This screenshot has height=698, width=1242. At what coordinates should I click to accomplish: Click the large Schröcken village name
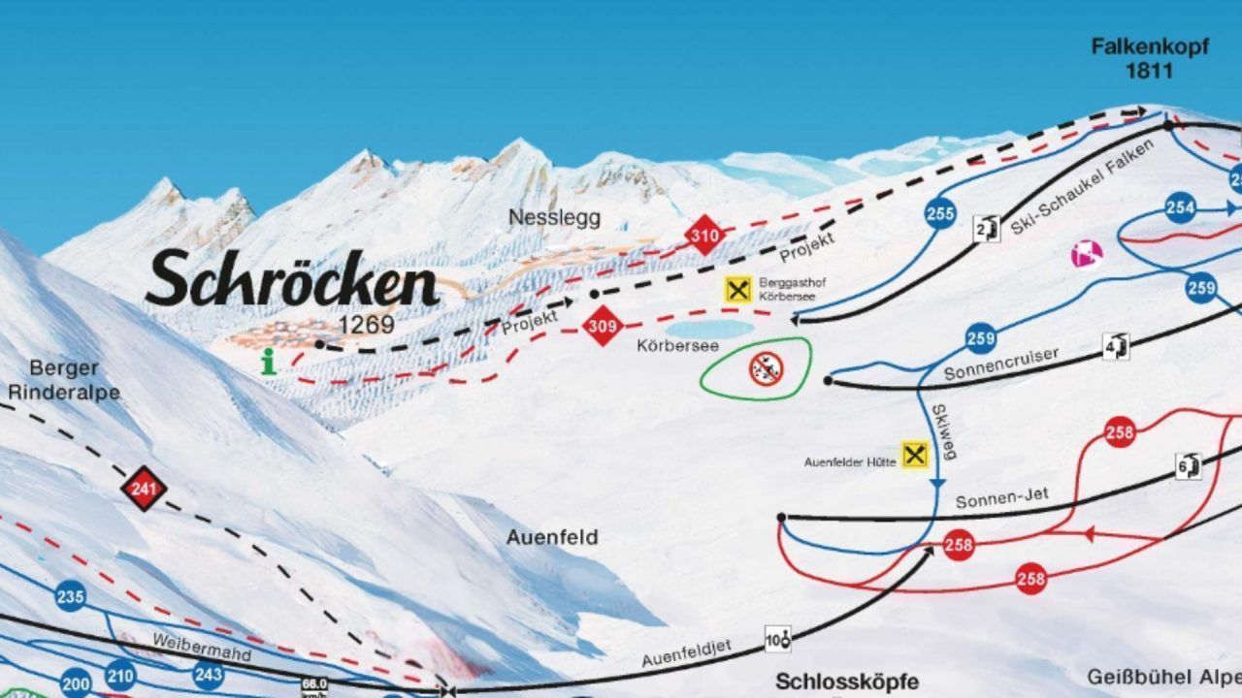tap(291, 279)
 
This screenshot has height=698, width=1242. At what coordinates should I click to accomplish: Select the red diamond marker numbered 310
tap(705, 236)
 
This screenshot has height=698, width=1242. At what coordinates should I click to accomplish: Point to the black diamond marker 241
tap(144, 490)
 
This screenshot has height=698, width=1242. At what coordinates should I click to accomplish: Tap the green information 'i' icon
tap(269, 363)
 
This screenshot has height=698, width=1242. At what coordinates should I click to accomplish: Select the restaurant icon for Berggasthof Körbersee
tap(739, 288)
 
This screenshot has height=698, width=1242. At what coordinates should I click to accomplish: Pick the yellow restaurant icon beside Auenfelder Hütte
tap(914, 455)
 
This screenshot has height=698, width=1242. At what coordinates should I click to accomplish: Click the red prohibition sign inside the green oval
tap(767, 367)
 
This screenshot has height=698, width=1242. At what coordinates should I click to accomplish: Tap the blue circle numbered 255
tap(939, 214)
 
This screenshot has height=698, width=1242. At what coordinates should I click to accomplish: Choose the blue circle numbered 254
tap(1180, 207)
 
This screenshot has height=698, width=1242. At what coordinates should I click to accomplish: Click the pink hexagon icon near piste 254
tap(1087, 254)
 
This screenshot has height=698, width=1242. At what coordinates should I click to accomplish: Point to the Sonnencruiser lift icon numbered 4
tap(1117, 345)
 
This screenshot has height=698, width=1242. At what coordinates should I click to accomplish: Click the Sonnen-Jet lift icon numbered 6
tap(1190, 465)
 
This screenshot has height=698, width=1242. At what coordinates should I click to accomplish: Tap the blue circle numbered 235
tap(70, 596)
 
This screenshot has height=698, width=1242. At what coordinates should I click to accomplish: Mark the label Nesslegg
tap(554, 217)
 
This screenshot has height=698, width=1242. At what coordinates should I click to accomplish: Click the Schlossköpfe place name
tap(846, 682)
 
